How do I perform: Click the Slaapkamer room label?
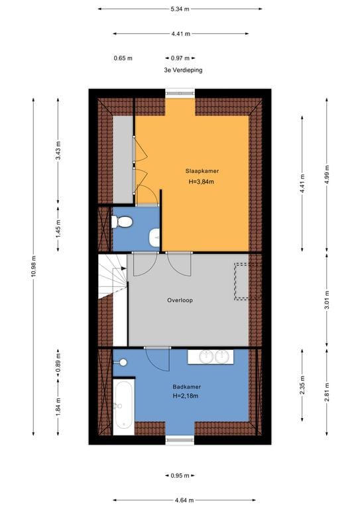pos(202,171)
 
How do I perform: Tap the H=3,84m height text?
pos(202,182)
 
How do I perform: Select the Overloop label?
pos(180,300)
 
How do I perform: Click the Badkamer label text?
pos(187,387)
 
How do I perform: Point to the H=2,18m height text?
pos(186,396)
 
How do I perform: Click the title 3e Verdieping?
pos(183,70)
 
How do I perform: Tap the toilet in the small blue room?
pos(122,222)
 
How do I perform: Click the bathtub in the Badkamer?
pos(123,406)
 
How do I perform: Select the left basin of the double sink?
pos(205,357)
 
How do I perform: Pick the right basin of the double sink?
pos(222,357)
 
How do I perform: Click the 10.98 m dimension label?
pos(33,266)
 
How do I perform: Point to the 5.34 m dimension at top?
pos(180,9)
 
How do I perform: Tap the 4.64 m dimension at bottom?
pos(184,500)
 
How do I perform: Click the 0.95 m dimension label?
pos(180,476)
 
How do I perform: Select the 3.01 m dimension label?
pos(327,300)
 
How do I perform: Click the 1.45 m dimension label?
pos(58,229)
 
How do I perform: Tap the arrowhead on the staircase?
pos(124,268)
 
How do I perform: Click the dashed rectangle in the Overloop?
pos(248,282)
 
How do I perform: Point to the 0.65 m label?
pos(123,58)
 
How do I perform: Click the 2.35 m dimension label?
pos(302,385)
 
